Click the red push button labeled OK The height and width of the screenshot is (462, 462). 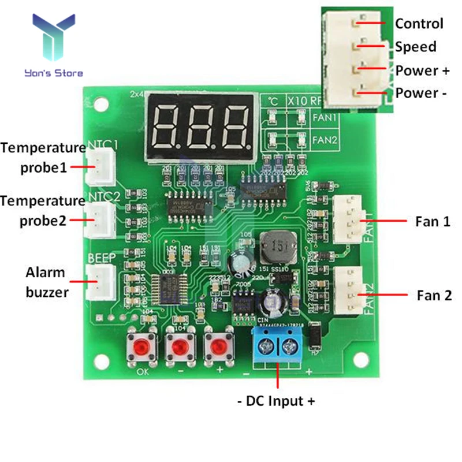141,347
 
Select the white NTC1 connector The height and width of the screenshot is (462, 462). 100,166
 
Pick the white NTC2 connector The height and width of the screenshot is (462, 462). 100,219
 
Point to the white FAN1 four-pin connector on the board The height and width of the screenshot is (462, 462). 347,221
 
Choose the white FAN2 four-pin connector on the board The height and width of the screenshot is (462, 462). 347,292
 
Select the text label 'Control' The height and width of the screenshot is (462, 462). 419,24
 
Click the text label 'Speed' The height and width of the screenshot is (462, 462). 416,47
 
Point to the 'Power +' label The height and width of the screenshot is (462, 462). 422,70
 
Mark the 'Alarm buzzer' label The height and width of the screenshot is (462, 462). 47,282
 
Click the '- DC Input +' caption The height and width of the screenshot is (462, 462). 277,401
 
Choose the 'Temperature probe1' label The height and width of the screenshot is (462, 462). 43,158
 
